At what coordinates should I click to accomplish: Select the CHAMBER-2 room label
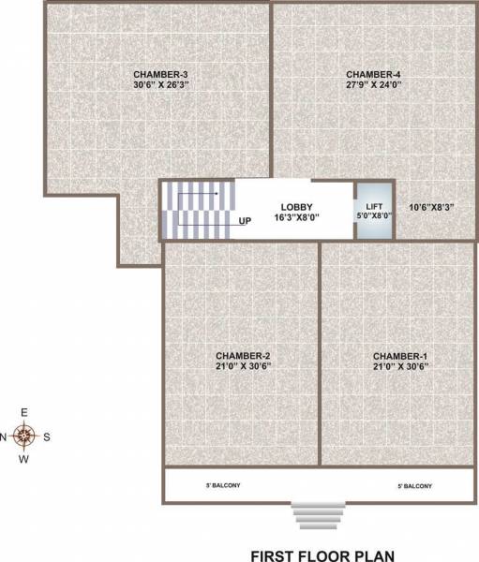click(x=243, y=356)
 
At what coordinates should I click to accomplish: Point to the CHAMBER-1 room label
click(x=400, y=356)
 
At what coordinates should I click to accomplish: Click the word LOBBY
click(x=296, y=207)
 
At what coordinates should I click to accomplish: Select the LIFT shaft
click(x=374, y=211)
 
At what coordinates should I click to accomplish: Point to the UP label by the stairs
click(x=246, y=222)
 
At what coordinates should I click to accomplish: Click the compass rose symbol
click(x=26, y=436)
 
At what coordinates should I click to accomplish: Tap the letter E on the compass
click(x=25, y=412)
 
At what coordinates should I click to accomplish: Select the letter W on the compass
click(x=25, y=459)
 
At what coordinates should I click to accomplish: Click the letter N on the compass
click(x=5, y=436)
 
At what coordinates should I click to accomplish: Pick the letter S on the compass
click(x=48, y=436)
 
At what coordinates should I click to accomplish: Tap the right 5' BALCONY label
click(x=414, y=486)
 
